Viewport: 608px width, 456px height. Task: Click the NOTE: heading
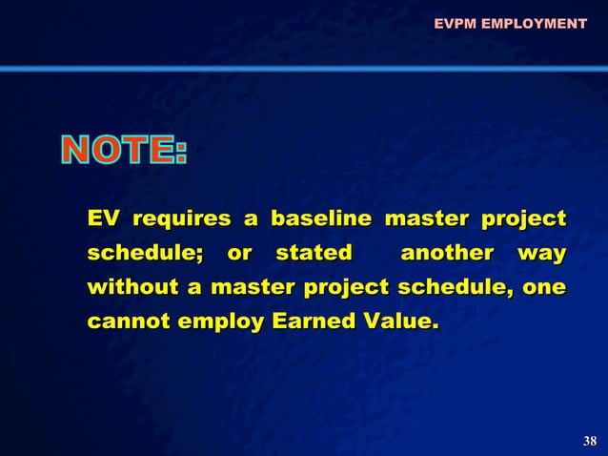pos(125,152)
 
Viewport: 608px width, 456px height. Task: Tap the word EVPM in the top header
pos(455,23)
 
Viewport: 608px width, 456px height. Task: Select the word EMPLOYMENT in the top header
pos(534,23)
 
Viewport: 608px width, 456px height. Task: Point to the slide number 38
pos(589,441)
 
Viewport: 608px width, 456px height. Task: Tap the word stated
pos(313,254)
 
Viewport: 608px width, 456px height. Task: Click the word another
pos(447,254)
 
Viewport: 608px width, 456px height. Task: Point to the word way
pos(541,255)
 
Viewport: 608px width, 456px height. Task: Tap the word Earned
pos(312,321)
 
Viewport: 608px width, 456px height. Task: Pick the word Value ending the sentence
pos(396,321)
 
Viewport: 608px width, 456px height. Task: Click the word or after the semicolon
pos(240,254)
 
